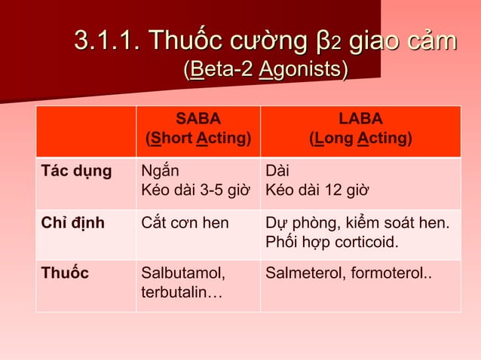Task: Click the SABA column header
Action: coord(198,119)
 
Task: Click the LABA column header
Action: coord(360,119)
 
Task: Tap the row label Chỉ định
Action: coord(72,222)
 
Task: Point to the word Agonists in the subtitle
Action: coord(304,71)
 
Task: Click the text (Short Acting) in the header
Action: coord(198,139)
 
